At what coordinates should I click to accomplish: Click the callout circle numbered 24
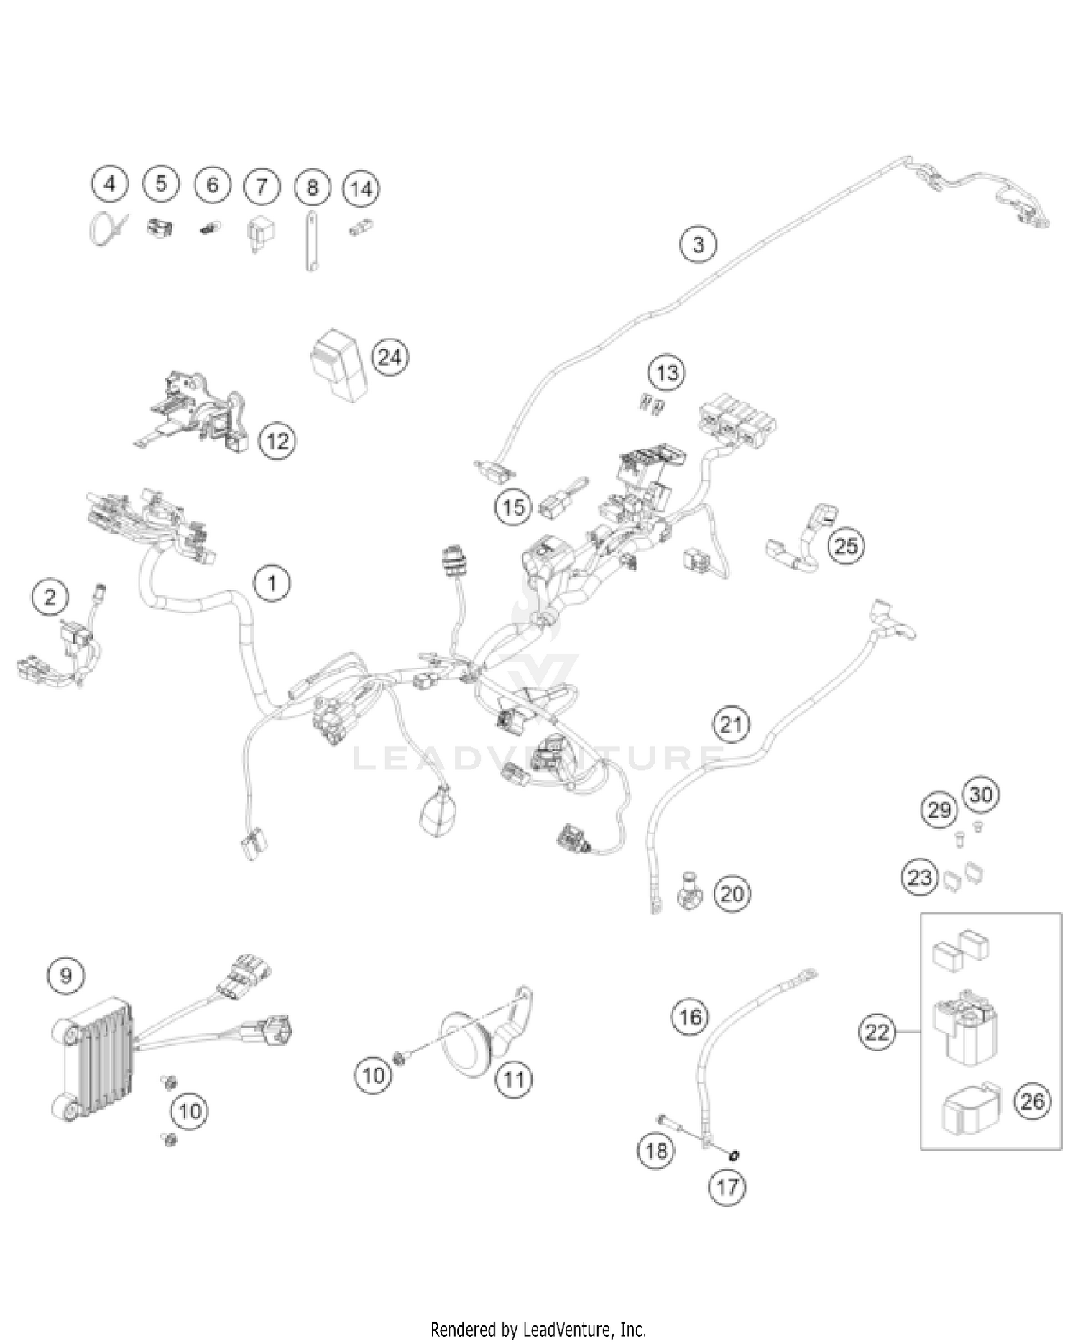390,357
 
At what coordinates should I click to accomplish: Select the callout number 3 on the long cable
698,244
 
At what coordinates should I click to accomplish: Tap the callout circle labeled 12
277,440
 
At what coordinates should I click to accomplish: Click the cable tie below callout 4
106,228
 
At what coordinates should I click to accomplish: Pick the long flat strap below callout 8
311,240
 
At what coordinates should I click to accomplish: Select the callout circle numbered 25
845,546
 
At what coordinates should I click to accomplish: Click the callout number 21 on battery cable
731,724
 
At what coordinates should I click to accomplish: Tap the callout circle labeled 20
732,894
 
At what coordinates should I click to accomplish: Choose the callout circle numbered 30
981,795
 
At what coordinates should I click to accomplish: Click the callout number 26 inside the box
1032,1101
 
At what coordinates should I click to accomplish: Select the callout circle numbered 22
877,1032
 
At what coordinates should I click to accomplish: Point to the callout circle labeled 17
727,1187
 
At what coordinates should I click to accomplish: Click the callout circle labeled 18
655,1151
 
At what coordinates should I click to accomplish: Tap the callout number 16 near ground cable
690,1017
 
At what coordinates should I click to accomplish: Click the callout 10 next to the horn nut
373,1076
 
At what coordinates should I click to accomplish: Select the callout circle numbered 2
50,597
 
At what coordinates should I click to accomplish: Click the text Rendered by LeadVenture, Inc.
538,1328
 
